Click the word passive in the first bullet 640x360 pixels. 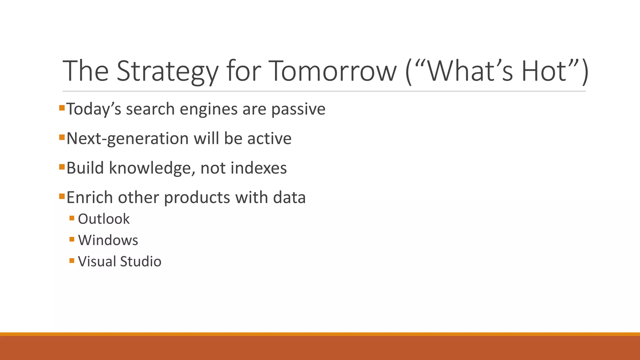point(298,109)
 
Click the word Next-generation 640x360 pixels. point(127,138)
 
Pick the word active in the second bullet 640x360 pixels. point(269,138)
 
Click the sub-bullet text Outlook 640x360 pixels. point(103,219)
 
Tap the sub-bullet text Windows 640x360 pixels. point(108,240)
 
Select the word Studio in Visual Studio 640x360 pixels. point(141,261)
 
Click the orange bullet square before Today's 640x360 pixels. point(62,108)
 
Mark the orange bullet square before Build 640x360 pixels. point(62,167)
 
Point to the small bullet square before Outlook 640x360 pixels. point(72,218)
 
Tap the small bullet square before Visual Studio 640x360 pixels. point(72,260)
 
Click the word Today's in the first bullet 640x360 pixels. point(94,109)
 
